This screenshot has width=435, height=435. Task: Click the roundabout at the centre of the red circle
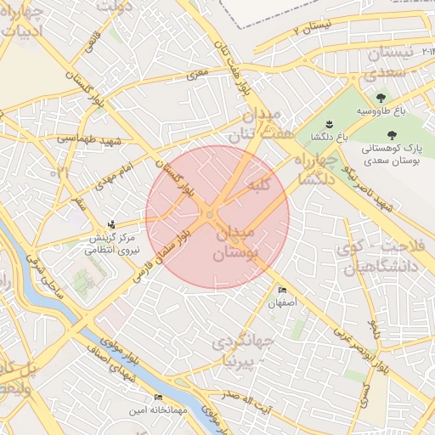tap(208, 217)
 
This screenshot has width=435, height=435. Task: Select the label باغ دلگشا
tap(326, 137)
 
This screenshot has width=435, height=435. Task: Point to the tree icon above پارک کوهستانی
tap(392, 135)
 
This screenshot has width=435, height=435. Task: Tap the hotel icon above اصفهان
tap(282, 291)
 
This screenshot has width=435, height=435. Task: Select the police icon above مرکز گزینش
tap(111, 225)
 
